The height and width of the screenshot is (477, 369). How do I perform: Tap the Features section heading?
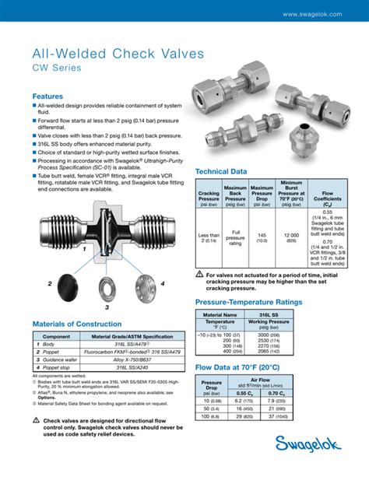point(47,96)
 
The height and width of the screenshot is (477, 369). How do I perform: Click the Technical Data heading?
point(221,170)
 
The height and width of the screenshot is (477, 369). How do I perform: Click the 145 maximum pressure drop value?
point(263,235)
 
